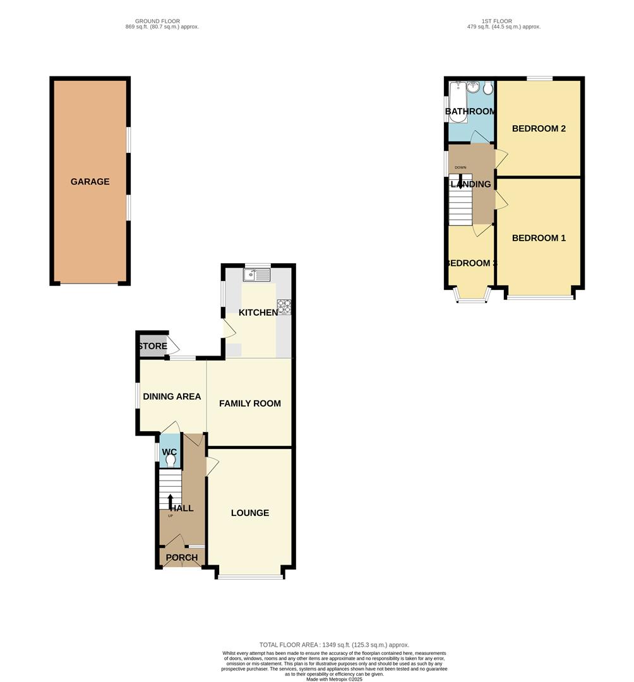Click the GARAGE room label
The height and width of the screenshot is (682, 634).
[90, 182]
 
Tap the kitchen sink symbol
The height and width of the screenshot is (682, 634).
[259, 275]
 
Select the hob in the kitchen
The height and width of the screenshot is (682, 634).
[284, 306]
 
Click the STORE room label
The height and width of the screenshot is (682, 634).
[152, 346]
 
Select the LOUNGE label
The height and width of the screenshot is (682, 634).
[250, 513]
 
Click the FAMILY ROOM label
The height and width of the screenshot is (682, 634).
[250, 404]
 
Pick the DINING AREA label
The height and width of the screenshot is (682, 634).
[172, 397]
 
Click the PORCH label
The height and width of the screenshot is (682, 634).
[182, 558]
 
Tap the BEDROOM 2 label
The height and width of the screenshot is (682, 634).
[538, 129]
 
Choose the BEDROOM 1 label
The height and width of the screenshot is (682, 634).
[538, 238]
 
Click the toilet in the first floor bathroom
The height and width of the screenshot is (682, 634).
[488, 88]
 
